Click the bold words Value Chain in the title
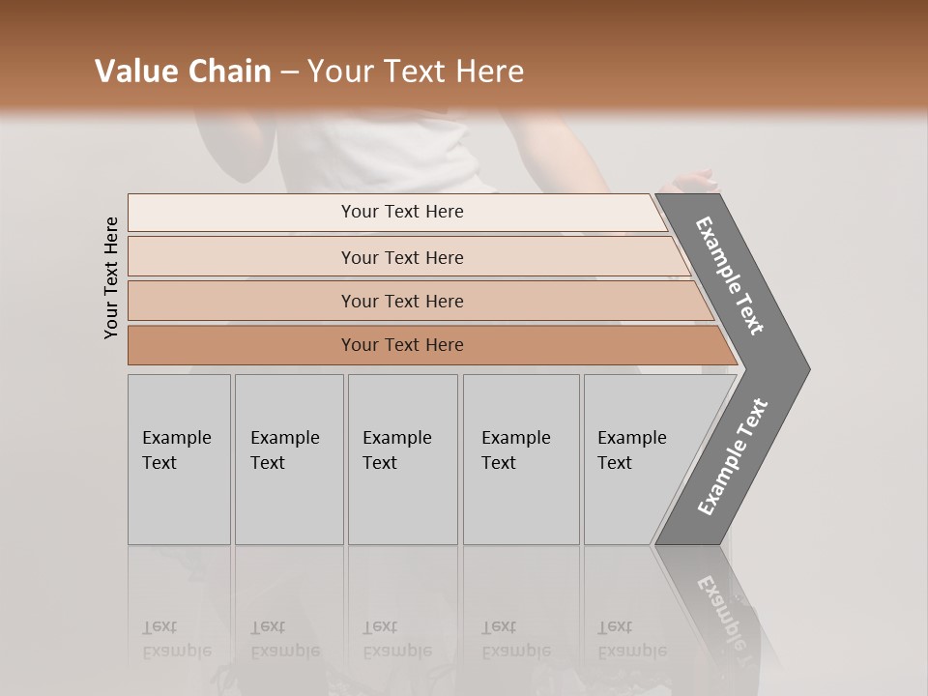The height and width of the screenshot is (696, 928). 183,72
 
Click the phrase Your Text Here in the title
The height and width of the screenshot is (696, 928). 416,72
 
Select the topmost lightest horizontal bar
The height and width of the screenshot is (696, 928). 402,212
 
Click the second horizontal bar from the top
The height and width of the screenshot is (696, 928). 402,257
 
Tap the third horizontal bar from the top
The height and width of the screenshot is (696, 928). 402,301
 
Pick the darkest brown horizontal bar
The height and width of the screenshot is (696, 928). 402,345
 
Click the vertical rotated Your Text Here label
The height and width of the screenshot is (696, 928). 111,278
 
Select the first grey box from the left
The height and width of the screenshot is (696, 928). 179,459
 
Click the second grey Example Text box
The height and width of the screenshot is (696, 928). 288,459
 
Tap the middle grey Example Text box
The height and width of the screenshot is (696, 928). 402,459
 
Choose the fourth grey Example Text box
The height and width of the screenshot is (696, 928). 521,459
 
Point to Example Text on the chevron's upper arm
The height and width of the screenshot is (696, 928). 730,275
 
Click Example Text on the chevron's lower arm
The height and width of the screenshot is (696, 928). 733,457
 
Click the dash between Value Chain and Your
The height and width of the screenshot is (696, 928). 289,72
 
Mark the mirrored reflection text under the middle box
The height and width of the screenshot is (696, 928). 396,639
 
